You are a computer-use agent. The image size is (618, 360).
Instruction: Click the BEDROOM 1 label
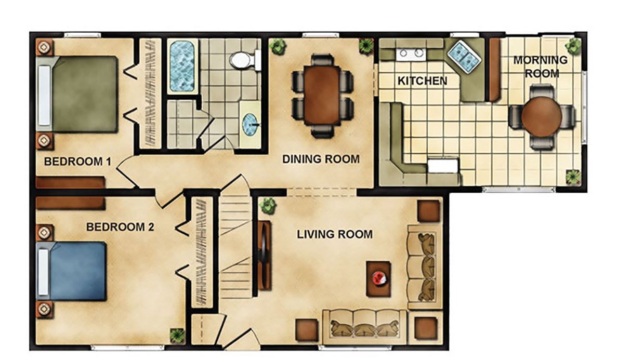pos(77,162)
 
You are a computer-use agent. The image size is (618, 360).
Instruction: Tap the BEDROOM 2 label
pos(120,227)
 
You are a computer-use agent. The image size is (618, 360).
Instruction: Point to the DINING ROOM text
pos(321,159)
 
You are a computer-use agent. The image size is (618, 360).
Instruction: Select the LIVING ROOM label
pos(335,234)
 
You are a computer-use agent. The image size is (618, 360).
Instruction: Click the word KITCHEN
pos(422,81)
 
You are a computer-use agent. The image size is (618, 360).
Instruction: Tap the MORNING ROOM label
pos(541,66)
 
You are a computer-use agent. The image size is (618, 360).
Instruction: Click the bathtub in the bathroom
pos(182,66)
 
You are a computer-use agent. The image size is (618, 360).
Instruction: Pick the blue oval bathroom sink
pos(250,125)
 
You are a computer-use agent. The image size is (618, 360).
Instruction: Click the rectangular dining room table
pos(322,95)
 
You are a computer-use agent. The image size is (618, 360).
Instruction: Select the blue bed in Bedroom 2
pos(72,271)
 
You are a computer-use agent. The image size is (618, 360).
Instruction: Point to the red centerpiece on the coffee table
pos(379,278)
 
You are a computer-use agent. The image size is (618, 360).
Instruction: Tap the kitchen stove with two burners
pos(410,53)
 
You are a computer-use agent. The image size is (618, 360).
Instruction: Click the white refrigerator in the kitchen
pos(443,165)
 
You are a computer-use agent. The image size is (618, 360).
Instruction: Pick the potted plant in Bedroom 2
pos(177,336)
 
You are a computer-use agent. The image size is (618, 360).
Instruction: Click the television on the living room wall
pos(264,255)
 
